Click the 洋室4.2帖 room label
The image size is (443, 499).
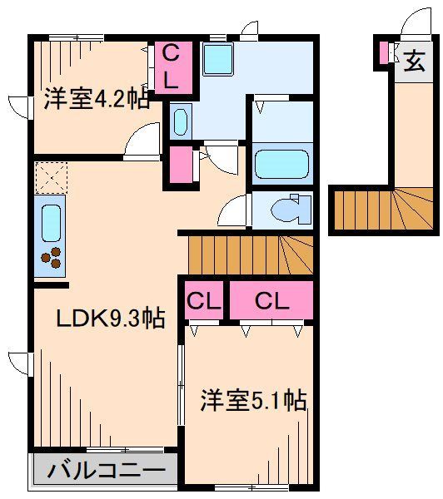tap(96, 100)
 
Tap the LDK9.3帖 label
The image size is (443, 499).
tap(109, 317)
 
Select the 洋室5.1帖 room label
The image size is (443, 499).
tap(252, 402)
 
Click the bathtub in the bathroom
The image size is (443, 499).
tap(281, 163)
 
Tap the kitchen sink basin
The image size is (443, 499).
tap(51, 222)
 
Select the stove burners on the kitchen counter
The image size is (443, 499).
tap(52, 259)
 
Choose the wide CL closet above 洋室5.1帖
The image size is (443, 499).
tap(271, 301)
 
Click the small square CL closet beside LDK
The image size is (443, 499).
tap(202, 301)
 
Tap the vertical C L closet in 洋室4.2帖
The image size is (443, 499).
tap(170, 67)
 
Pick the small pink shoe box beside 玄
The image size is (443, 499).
tap(384, 53)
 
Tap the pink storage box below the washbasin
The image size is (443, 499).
tap(179, 165)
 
